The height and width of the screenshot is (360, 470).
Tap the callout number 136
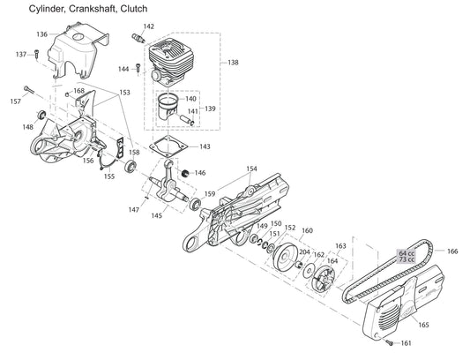point(41,34)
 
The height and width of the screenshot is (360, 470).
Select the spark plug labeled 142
point(137,41)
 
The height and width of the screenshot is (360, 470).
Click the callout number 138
point(233,63)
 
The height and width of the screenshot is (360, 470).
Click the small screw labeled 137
point(37,54)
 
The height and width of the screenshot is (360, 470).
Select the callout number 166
point(452,251)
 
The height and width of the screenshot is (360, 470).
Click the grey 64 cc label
point(407,252)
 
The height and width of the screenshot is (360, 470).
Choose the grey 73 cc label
point(407,260)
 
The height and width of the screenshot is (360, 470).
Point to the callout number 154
point(251,169)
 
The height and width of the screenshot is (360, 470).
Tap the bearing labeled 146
point(185,172)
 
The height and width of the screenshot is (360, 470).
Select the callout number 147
point(133,209)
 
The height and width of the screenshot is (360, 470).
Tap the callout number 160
point(307,231)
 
